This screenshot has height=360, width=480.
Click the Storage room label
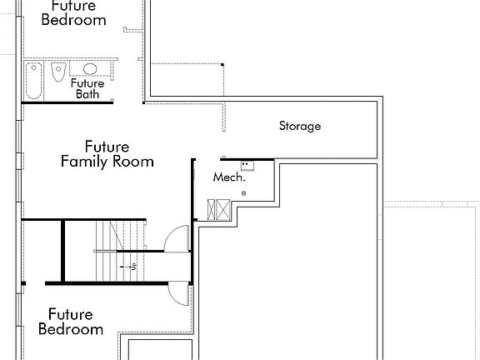300,126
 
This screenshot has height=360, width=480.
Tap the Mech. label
229,177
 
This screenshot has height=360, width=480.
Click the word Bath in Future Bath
87,94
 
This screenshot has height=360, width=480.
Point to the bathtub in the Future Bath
33,81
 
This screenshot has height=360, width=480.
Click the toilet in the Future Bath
58,72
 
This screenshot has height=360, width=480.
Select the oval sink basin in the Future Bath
90,69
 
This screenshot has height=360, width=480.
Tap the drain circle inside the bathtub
33,67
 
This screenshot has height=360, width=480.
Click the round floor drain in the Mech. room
243,193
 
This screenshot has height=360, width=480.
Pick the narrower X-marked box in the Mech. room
211,210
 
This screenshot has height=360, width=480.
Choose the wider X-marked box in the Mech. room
223,210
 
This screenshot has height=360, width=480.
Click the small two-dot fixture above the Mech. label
247,166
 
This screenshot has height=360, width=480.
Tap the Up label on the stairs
133,267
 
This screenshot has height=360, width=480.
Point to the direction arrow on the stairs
126,267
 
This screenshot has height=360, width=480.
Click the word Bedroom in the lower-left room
71,329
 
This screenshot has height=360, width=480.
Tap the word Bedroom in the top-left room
74,20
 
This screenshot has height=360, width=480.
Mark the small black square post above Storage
222,65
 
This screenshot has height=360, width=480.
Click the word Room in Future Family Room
133,162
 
